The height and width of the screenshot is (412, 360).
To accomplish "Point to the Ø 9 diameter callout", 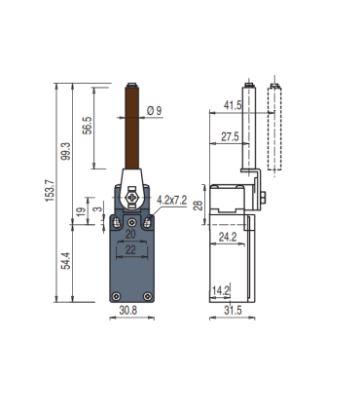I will tap(154, 112).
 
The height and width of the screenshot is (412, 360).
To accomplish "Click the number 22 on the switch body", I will tap(130, 251).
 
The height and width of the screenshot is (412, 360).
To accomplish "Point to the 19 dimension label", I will tap(80, 214).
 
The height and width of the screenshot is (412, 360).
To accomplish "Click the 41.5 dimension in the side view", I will tap(232, 105).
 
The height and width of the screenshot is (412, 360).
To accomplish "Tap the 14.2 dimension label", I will tap(220, 289).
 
